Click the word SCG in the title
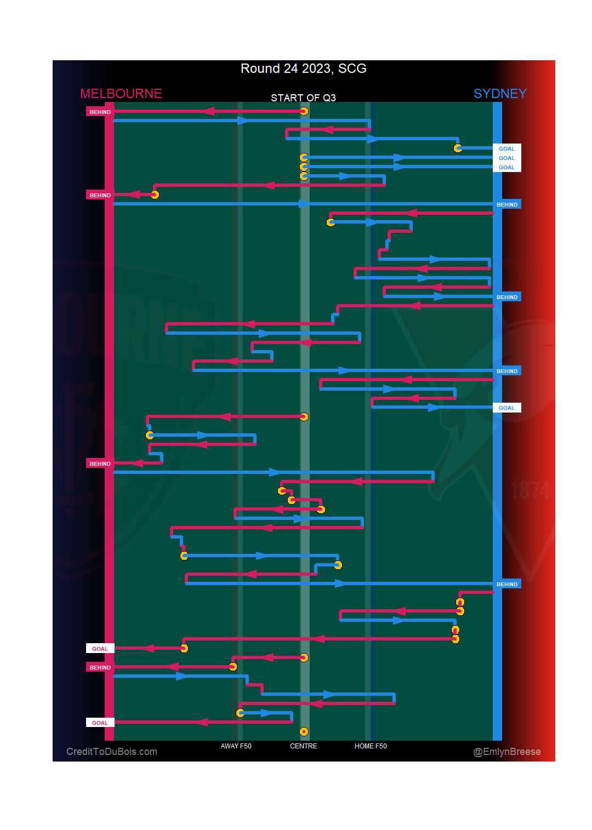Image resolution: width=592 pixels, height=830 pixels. click(352, 68)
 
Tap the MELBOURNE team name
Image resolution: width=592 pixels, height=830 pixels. click(121, 94)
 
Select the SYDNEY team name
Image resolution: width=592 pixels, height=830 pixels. click(500, 94)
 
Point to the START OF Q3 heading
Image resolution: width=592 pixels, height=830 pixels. click(303, 98)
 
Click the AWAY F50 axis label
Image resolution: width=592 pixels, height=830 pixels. click(236, 746)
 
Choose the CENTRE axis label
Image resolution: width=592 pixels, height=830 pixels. click(304, 746)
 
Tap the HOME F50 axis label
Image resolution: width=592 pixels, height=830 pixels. click(371, 746)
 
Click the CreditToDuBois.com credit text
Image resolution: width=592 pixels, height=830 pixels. click(112, 752)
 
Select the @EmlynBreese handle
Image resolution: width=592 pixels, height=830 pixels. click(507, 752)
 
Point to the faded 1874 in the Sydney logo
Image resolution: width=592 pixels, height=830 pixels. click(530, 491)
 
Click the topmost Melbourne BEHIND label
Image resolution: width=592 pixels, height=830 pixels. click(100, 112)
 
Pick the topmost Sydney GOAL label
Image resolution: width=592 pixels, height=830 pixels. click(506, 148)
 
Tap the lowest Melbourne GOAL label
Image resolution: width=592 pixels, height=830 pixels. click(100, 723)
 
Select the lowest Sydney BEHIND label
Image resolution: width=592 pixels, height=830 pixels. click(507, 584)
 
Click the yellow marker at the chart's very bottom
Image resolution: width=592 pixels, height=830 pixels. click(304, 731)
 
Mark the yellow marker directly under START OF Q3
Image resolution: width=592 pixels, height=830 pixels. click(304, 111)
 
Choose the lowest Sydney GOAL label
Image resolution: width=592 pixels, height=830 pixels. click(506, 408)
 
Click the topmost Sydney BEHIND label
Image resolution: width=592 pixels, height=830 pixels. click(507, 204)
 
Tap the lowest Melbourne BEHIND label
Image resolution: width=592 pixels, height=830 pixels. click(100, 667)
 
